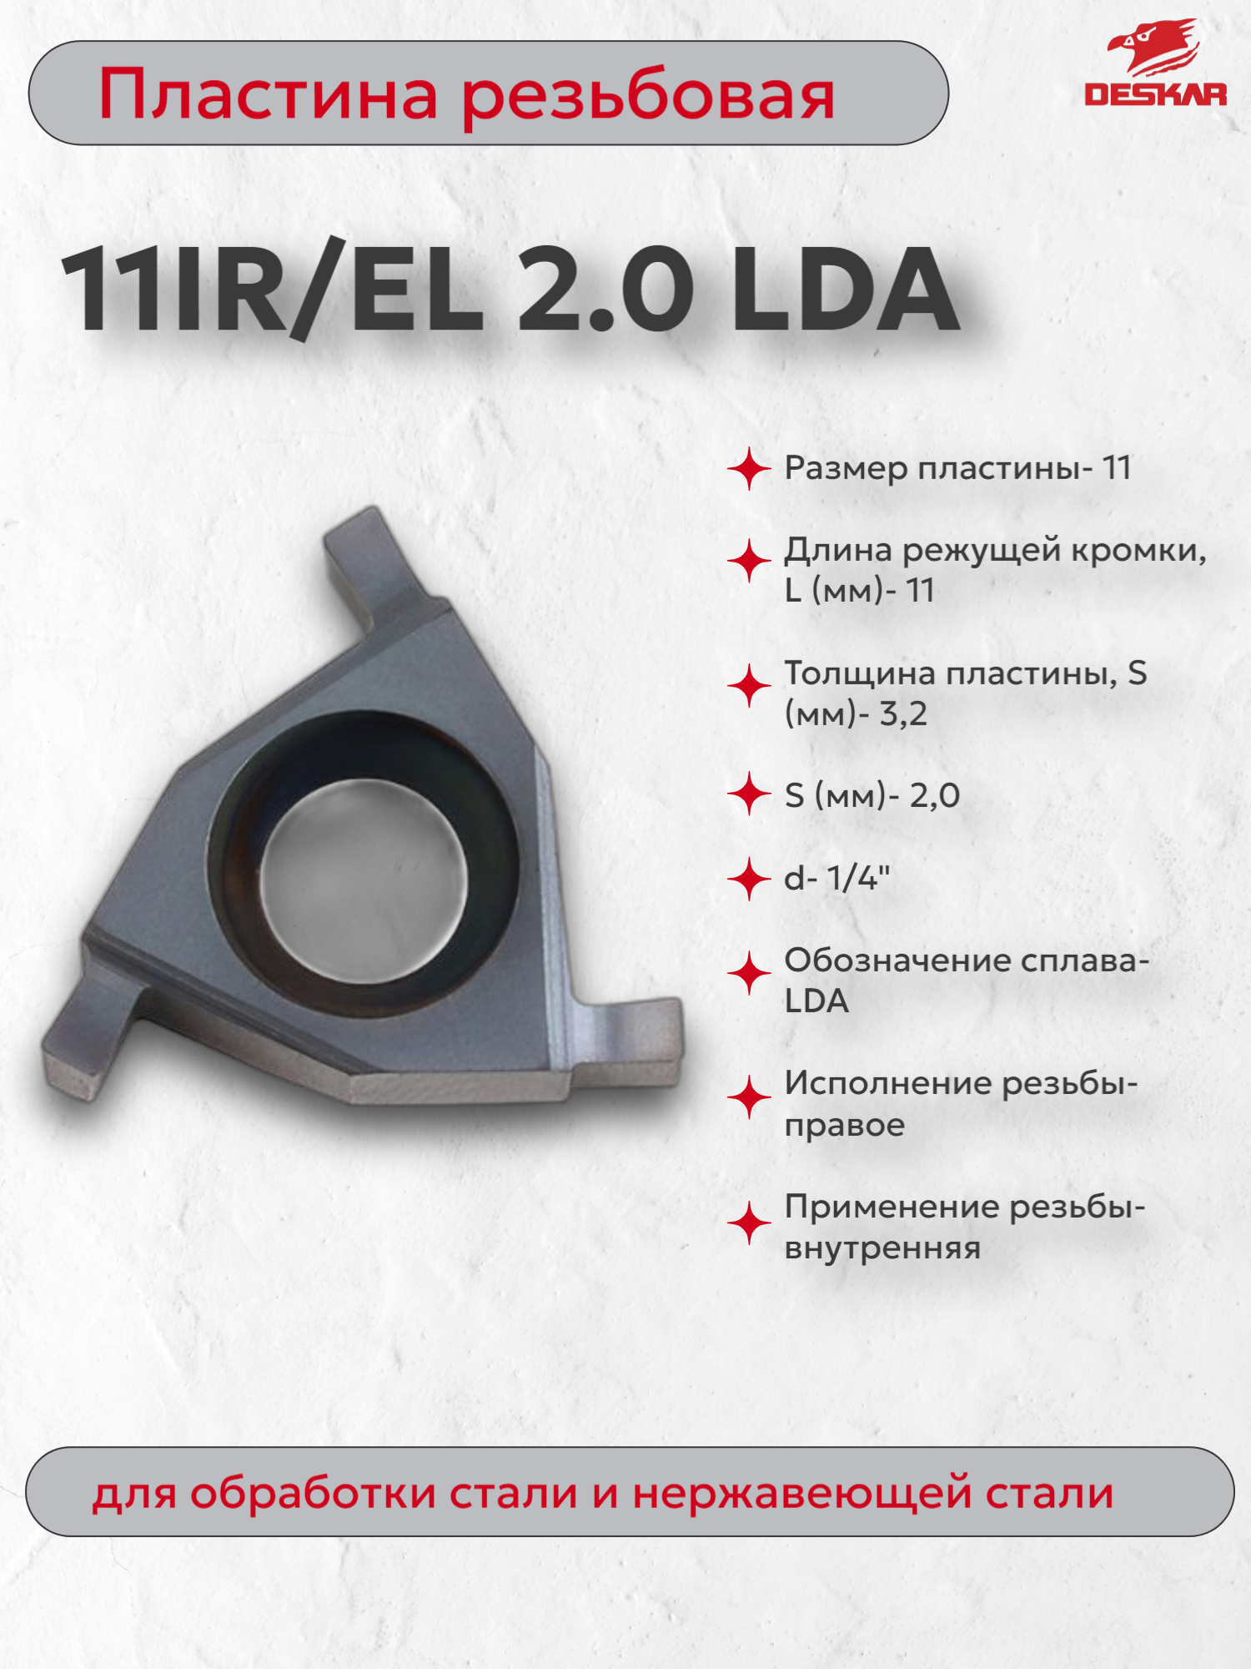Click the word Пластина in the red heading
point(268,95)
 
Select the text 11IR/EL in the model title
point(272,290)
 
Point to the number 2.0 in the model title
point(605,290)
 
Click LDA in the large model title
point(844,290)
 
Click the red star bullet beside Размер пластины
point(748,469)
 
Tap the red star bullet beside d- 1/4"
point(748,880)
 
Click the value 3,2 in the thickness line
point(902,714)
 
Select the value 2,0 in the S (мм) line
point(934,796)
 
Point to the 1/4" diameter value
point(858,878)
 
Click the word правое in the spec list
point(844,1125)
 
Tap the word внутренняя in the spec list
point(882,1248)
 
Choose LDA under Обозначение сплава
point(816,1001)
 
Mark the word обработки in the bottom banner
point(313,1494)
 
